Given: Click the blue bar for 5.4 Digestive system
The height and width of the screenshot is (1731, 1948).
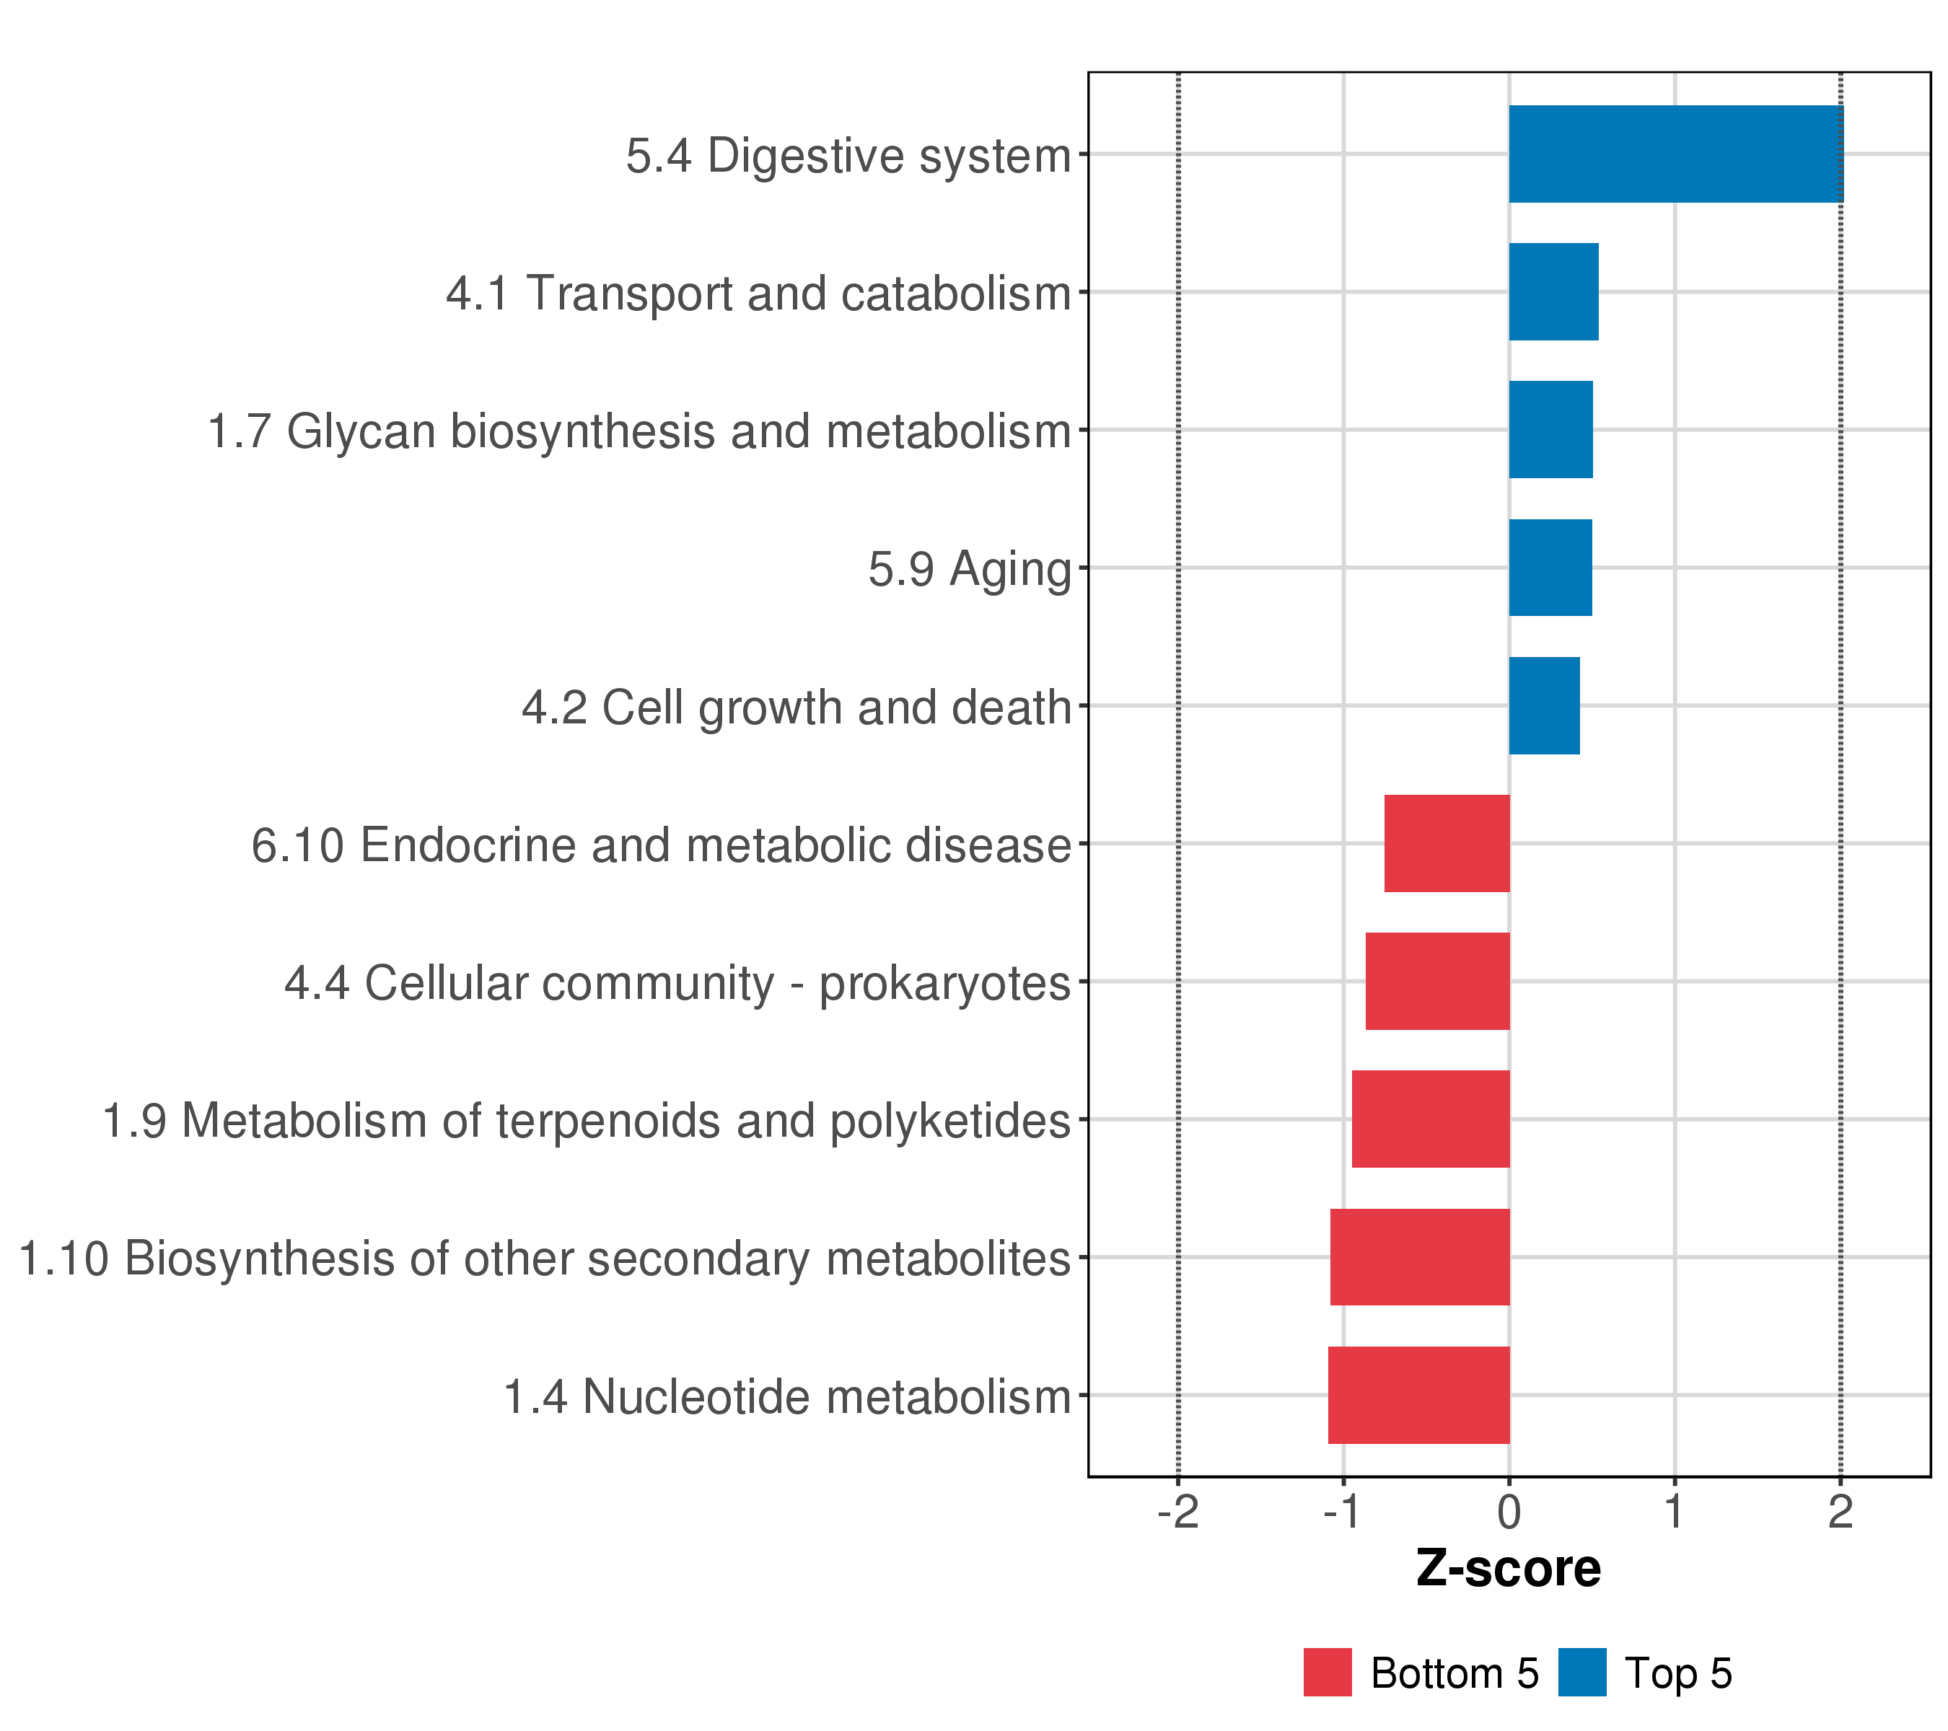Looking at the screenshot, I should (x=1675, y=154).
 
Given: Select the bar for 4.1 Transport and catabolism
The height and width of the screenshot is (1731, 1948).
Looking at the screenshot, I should (x=1553, y=291).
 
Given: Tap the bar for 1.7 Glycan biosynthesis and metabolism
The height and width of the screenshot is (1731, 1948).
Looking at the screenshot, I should (x=1550, y=430).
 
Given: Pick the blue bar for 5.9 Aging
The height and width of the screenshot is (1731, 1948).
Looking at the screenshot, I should (x=1550, y=568).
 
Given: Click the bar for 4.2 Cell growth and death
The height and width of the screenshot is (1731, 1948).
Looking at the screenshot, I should (x=1544, y=706).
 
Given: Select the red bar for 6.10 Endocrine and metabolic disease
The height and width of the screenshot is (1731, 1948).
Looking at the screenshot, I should (x=1447, y=843).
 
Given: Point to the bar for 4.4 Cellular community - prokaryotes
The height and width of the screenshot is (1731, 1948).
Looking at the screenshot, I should (x=1437, y=981).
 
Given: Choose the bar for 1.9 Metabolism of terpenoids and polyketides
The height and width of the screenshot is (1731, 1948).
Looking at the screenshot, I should (x=1431, y=1119).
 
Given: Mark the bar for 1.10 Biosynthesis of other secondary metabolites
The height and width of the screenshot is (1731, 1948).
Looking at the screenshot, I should (x=1420, y=1258).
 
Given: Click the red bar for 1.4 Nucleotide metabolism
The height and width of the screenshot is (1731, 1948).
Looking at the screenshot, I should (x=1419, y=1395).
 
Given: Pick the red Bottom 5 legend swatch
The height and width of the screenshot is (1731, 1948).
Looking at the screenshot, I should (x=1328, y=1673).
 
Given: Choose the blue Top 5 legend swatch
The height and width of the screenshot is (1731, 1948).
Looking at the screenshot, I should (x=1582, y=1673).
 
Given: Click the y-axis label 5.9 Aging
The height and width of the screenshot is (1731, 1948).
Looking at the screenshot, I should (x=969, y=570).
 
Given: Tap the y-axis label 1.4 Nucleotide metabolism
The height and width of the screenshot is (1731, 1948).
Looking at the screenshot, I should (x=787, y=1398).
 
